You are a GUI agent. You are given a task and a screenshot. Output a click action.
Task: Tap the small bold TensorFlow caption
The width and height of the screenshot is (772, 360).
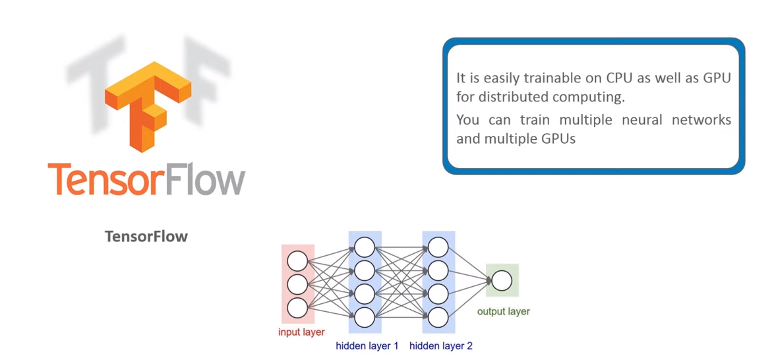click(x=146, y=237)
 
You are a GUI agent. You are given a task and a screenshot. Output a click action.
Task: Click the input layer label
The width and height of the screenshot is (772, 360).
click(x=301, y=332)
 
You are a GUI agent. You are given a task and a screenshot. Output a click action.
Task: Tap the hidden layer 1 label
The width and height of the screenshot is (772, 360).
click(x=367, y=345)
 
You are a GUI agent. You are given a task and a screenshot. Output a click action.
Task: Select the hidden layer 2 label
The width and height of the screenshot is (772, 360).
click(x=440, y=345)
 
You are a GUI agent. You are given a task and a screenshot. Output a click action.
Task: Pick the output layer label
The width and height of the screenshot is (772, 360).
click(x=503, y=311)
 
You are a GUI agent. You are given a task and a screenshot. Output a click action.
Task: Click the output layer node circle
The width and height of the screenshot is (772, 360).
click(x=502, y=281)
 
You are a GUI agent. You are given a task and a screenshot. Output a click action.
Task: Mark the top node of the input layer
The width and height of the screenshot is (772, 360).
click(x=297, y=261)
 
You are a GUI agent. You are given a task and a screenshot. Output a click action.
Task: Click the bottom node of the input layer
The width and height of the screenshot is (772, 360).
click(x=297, y=308)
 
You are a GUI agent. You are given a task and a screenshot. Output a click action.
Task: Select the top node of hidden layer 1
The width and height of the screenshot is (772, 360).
click(x=365, y=247)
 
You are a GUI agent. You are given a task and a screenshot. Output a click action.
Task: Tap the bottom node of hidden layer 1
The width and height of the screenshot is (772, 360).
click(x=365, y=317)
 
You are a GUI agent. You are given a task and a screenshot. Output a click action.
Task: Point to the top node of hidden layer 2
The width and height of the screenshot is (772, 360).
click(x=438, y=247)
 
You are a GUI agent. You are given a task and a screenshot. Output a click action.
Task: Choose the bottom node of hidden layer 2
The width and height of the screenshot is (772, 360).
click(x=438, y=317)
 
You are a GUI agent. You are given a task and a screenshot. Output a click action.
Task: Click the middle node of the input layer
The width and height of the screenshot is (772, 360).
click(x=297, y=284)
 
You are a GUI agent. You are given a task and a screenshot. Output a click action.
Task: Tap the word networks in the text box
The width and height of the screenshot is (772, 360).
click(x=707, y=120)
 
